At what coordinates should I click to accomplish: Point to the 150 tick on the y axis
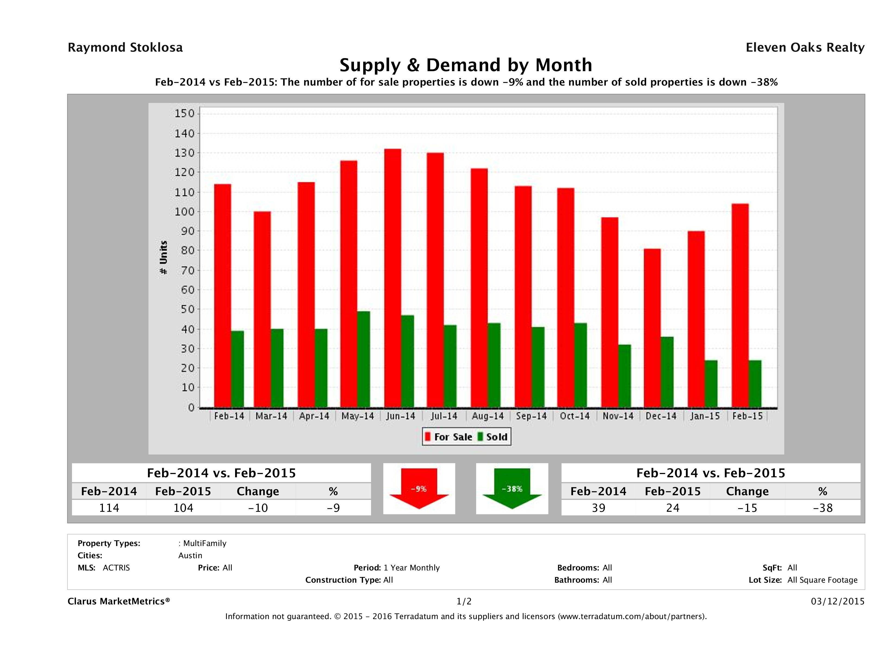tap(185, 114)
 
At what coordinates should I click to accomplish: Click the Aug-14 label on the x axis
tap(488, 416)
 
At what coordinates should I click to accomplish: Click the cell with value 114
tap(109, 508)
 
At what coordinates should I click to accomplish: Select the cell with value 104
tap(183, 508)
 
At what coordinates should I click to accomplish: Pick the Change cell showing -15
tap(747, 508)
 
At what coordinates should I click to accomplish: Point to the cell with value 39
tap(598, 508)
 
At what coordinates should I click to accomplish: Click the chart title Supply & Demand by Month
tap(466, 65)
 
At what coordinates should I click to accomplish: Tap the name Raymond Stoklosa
tap(125, 48)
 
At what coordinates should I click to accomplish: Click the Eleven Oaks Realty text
tap(805, 48)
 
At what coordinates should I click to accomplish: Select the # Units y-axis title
tap(163, 258)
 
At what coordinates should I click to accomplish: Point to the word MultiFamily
tap(204, 543)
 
